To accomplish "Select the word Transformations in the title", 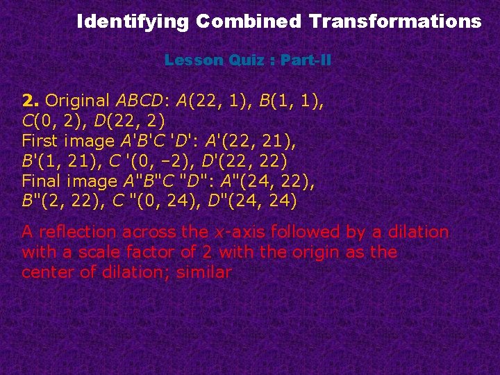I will coord(396,22).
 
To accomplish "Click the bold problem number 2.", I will coord(28,101).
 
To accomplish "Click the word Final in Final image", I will coord(41,182).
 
